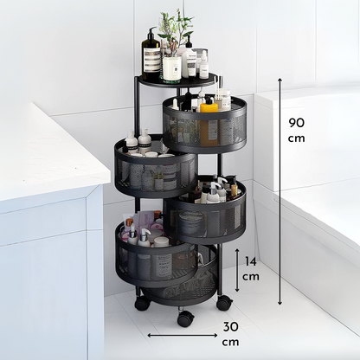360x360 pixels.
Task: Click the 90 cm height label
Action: [x=297, y=131]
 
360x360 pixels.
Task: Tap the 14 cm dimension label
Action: [x=251, y=269]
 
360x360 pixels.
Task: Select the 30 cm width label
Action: [x=231, y=334]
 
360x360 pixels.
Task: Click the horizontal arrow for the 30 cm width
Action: [x=183, y=335]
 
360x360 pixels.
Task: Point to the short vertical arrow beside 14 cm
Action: [x=237, y=270]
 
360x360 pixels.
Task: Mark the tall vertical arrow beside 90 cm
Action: [x=280, y=191]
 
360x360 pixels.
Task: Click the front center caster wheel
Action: [x=185, y=318]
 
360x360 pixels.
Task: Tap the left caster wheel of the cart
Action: [x=143, y=304]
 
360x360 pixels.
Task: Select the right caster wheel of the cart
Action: [x=224, y=303]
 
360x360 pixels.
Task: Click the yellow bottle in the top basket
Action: [x=209, y=123]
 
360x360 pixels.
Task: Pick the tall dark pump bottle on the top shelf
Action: [x=151, y=54]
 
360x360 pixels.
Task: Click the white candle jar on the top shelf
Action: [x=172, y=68]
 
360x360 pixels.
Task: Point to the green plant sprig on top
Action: [x=174, y=31]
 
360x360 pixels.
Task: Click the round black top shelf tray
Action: [x=177, y=79]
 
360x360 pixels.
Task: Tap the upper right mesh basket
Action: [x=204, y=125]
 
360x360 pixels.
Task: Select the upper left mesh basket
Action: [x=156, y=167]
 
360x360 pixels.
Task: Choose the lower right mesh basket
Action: [x=205, y=209]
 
